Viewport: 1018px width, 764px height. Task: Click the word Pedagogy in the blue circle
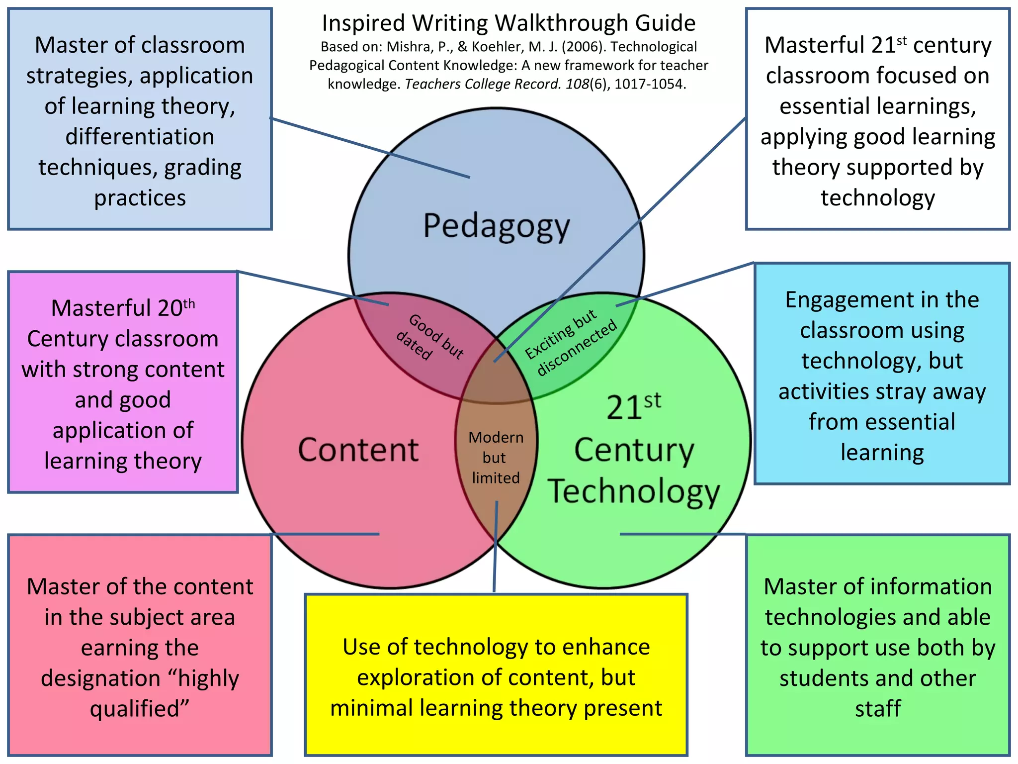pyautogui.click(x=496, y=227)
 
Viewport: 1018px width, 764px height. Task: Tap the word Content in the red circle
pyautogui.click(x=358, y=450)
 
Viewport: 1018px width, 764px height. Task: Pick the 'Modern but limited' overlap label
pyautogui.click(x=496, y=457)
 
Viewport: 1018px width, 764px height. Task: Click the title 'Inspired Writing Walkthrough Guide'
pyautogui.click(x=509, y=23)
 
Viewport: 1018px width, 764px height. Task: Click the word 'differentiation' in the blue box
pyautogui.click(x=140, y=137)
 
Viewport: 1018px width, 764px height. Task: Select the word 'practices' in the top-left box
pyautogui.click(x=140, y=198)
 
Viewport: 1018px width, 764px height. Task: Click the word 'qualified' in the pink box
pyautogui.click(x=135, y=709)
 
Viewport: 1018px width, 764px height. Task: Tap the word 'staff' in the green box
pyautogui.click(x=878, y=709)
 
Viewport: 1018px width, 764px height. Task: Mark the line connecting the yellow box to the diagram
pyautogui.click(x=496, y=547)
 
